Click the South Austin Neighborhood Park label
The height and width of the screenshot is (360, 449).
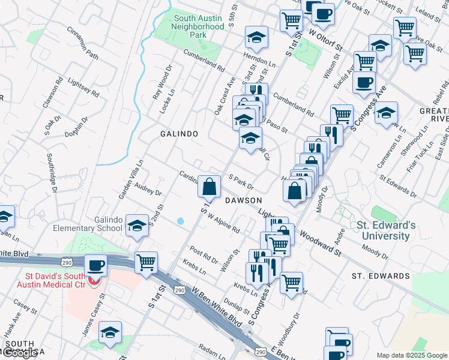(198, 26)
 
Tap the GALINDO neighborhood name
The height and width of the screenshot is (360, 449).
(178, 133)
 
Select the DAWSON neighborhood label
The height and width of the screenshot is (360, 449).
(244, 200)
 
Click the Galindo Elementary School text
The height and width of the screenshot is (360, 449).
(91, 224)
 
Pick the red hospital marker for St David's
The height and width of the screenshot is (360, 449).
(92, 280)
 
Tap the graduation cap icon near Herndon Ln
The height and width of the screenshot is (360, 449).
(256, 38)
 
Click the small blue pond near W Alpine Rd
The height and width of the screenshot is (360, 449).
(181, 221)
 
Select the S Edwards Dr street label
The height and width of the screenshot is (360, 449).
(397, 185)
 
